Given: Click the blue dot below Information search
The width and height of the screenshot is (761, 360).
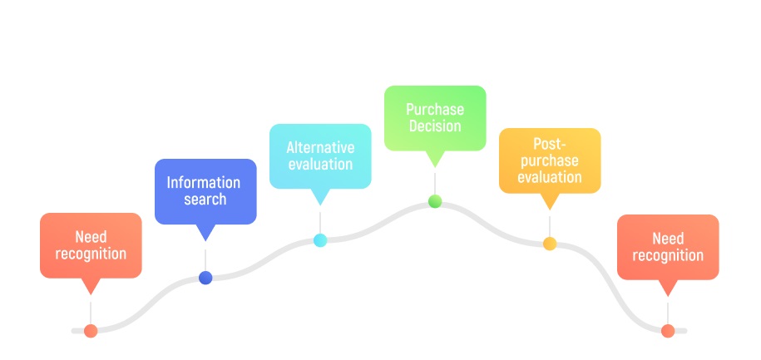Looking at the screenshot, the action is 205,278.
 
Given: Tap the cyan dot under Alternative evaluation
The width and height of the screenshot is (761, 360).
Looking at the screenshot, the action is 320,240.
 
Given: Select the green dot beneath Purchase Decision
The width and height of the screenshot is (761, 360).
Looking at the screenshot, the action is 435,201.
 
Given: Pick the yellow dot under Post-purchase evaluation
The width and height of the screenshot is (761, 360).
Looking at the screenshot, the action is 550,244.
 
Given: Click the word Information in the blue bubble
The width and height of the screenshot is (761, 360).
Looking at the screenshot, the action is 204,182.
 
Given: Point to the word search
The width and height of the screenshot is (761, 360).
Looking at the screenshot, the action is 205,199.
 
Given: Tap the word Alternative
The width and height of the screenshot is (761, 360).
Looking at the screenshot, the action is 320,147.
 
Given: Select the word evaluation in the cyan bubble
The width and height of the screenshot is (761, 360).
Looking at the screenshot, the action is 320,164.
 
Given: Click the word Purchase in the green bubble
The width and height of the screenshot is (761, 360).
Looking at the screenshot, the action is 435,109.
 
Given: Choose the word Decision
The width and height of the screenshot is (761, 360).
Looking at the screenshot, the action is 435,126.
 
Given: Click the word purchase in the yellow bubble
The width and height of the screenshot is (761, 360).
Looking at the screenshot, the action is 550,160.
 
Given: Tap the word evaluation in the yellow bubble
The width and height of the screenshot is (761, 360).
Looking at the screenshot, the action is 550,176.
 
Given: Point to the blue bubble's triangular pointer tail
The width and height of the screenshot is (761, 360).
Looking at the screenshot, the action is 205,231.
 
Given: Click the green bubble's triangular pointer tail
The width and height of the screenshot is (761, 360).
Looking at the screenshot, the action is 435,158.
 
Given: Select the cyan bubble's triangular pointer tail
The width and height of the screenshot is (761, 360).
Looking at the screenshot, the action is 320,196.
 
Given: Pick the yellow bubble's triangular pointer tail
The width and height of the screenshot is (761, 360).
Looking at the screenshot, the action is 550,200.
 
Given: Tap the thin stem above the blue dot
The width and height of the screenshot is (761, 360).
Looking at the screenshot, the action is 205,260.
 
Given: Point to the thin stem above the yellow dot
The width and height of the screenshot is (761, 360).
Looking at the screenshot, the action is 550,226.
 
